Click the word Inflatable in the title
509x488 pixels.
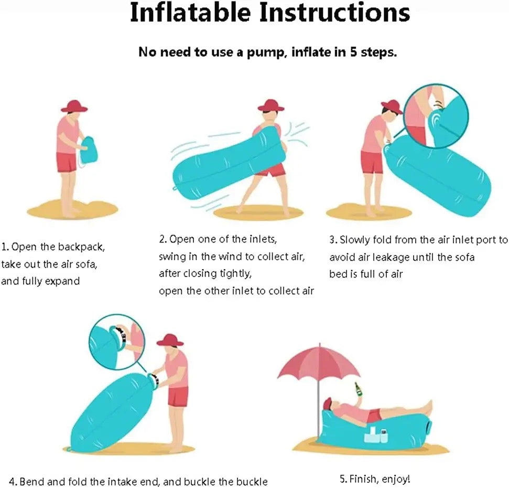pos(191,13)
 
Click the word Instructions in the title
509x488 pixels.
pos(334,13)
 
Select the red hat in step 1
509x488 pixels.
pos(74,106)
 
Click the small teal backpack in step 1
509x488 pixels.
pos(86,151)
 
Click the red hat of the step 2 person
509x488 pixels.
pos(271,105)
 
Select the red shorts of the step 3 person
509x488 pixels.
pos(372,163)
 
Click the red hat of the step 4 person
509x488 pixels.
pos(170,340)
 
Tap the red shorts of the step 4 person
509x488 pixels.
pos(178,396)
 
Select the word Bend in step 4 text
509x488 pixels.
pos(31,481)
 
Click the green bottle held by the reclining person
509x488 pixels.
pos(358,389)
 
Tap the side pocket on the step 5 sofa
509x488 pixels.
pos(376,436)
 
